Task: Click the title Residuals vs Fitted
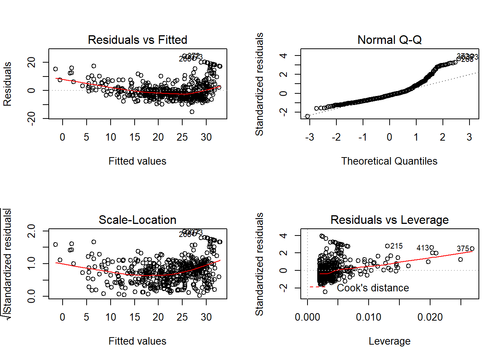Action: coord(137,40)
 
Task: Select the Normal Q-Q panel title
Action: coord(389,40)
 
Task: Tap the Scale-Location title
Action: coord(137,220)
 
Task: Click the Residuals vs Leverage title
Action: coord(389,220)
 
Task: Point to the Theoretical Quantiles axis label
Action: coord(389,161)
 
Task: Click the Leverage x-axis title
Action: coord(389,341)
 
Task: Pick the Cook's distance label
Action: coord(373,288)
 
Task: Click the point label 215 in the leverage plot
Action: coord(396,246)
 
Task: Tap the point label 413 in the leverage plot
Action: coord(423,248)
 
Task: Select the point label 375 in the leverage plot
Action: coord(463,249)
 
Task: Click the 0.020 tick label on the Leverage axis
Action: coord(430,317)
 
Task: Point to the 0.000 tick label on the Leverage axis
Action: coord(307,317)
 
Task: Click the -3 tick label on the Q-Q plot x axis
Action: coord(309,137)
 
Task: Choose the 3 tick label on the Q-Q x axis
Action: coord(469,137)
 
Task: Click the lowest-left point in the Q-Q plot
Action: coord(307,116)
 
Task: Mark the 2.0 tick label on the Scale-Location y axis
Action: coord(31,231)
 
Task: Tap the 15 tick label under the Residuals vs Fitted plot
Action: coord(135,137)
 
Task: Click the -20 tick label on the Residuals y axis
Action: coord(31,118)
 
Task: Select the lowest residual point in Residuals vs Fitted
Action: coord(192,112)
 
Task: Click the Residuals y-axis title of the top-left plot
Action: coord(7,84)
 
